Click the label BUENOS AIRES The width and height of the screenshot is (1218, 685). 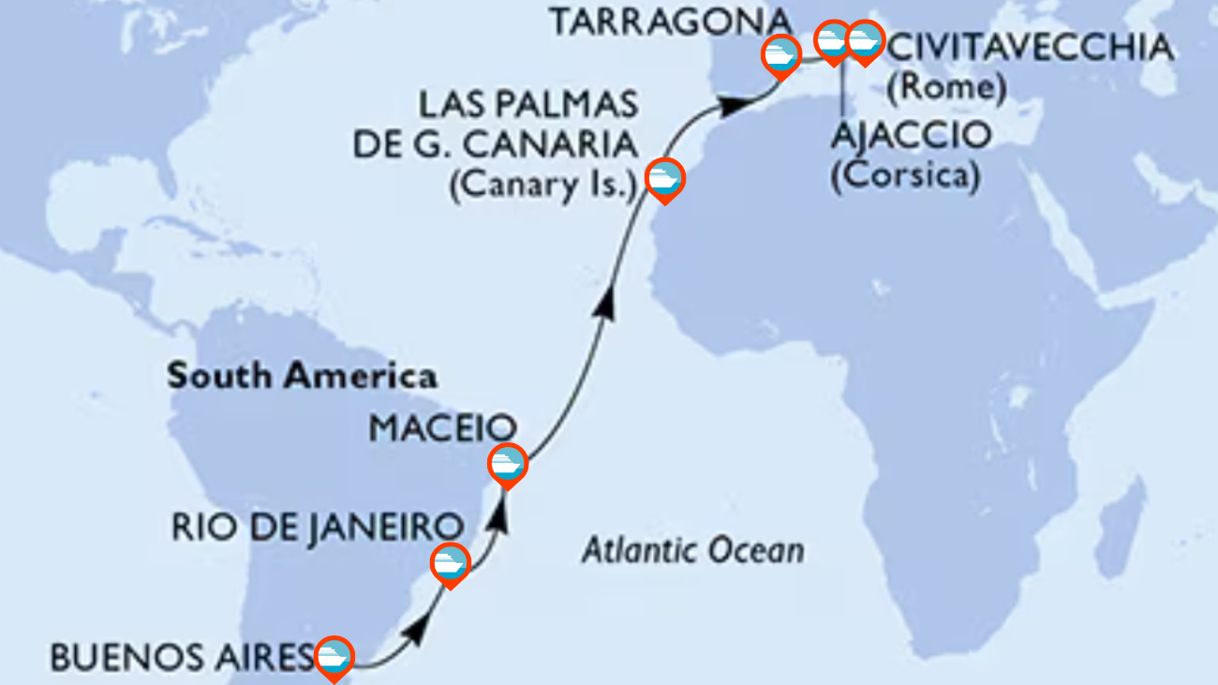click(181, 658)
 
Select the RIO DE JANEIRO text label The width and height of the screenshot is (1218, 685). click(318, 527)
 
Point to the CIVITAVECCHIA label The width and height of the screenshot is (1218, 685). click(1030, 48)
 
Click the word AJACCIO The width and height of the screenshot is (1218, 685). click(910, 136)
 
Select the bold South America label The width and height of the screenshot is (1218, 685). click(302, 377)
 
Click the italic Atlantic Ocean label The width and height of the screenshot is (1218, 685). click(692, 550)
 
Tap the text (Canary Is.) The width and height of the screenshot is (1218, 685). click(544, 187)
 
